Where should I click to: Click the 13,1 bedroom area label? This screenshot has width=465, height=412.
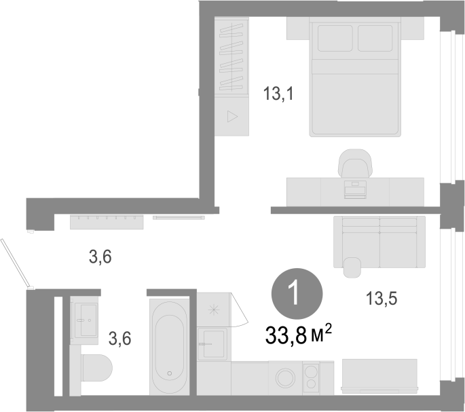coord(278,94)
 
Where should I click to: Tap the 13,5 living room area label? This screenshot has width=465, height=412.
coord(382,298)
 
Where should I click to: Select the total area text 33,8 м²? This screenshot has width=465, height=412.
coord(298,335)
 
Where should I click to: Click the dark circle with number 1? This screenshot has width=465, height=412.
coord(297,294)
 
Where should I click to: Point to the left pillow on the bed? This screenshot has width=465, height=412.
coord(335,38)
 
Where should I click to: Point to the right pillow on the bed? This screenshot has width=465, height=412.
coord(375,38)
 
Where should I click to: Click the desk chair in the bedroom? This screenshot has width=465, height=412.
coord(355,164)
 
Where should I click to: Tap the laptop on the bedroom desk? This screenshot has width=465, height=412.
coord(355,189)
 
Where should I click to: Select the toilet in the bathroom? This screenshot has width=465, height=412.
coord(97,368)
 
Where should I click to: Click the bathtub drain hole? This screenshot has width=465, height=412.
coord(170,373)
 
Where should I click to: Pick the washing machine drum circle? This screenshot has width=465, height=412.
coord(285,378)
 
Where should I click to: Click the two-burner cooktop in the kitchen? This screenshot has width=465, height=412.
coord(311,377)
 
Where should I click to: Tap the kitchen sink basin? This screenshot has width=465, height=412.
coord(214,344)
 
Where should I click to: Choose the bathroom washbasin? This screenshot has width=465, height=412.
coord(86,320)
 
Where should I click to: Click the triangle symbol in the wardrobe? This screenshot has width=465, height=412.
coord(232,116)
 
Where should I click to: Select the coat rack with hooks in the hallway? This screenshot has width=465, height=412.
coord(107,222)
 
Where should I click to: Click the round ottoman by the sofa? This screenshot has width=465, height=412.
coord(352,267)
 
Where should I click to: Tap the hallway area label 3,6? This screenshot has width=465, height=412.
coord(100,257)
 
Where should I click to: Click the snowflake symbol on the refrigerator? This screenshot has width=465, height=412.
coord(214,310)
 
